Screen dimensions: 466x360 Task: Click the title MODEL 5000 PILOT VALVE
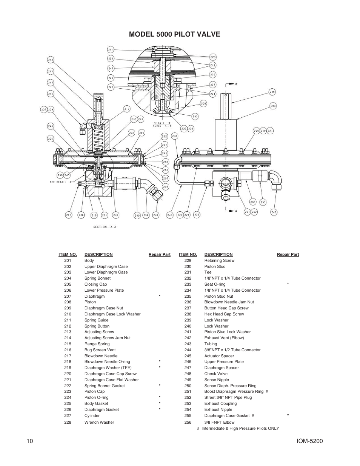[x=174, y=34]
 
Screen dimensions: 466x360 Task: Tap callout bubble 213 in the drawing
[x=51, y=60]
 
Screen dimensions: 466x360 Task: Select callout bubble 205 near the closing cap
[x=272, y=91]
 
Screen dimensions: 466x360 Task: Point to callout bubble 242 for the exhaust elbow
[x=274, y=212]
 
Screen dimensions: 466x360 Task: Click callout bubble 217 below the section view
[x=68, y=215]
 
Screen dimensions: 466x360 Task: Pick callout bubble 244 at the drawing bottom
[x=156, y=215]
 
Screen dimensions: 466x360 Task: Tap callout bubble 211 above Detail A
[x=111, y=50]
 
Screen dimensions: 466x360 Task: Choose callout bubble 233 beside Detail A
[x=195, y=117]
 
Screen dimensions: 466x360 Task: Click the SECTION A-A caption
[x=105, y=227]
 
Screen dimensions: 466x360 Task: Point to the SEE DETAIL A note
[x=58, y=182]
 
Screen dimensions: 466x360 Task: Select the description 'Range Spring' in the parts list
[x=97, y=344]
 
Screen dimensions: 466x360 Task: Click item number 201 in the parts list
[x=68, y=260]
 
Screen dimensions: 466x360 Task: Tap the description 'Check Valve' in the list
[x=216, y=374]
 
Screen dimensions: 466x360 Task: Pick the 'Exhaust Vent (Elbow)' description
[x=224, y=338]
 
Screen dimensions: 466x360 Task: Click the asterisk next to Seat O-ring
[x=288, y=284]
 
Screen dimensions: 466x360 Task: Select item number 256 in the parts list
[x=188, y=422]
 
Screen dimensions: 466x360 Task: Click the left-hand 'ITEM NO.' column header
[x=68, y=254]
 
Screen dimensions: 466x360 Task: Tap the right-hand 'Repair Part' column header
[x=288, y=254]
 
